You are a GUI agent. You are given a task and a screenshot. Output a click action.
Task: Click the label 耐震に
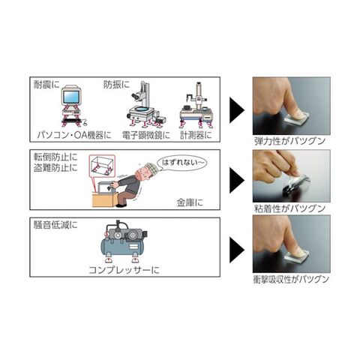point(46,85)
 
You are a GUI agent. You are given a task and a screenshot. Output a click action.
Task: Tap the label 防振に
point(117,85)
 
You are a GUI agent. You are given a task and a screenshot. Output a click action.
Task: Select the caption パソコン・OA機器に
point(74,135)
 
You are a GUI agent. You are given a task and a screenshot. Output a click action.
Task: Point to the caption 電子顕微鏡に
point(146,135)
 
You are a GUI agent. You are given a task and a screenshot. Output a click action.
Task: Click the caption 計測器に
point(196,135)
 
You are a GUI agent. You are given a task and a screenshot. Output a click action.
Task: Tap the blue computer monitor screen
point(72,97)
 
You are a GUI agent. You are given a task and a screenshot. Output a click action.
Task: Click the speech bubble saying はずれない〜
point(182,163)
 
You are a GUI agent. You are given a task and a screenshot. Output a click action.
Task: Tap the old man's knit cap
point(149,168)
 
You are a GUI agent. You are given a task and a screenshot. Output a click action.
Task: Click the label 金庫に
point(190,202)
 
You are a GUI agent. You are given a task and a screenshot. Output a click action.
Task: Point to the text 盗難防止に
point(55,168)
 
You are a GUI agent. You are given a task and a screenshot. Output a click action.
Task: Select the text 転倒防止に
point(55,157)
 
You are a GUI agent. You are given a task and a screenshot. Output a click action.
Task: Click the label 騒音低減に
point(55,225)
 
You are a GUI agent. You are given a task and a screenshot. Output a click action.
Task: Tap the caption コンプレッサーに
point(124,270)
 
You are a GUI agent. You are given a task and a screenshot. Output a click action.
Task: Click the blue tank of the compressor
point(122,246)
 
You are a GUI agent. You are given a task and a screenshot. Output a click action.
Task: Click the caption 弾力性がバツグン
point(289,141)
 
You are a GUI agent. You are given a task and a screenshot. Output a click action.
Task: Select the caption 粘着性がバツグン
point(289,208)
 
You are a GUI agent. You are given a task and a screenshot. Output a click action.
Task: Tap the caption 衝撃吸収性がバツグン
point(291,279)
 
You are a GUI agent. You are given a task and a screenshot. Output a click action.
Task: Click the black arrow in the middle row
point(236,180)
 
